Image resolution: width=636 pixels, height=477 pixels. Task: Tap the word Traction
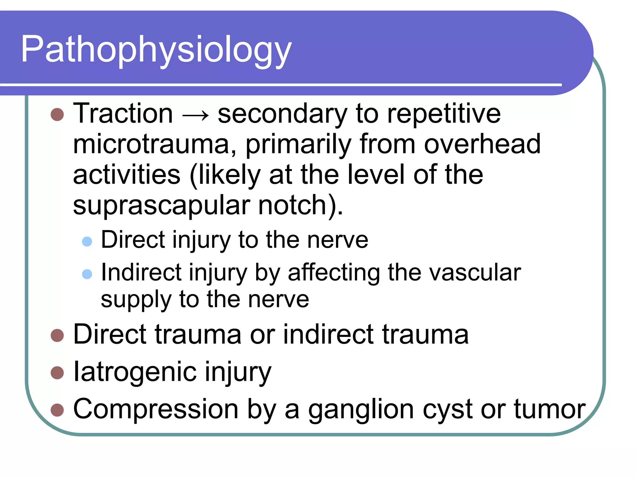tap(123, 114)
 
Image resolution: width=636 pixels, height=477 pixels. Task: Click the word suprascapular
tap(161, 206)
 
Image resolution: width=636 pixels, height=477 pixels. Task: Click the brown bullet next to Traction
tap(57, 115)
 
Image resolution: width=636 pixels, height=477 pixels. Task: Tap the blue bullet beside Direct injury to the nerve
tap(87, 241)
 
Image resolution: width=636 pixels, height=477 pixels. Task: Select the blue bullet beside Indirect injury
tap(87, 274)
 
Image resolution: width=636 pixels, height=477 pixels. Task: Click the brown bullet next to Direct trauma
tap(57, 335)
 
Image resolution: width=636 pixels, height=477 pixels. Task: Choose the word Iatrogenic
tap(135, 372)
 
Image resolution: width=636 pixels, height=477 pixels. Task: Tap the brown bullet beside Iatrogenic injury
tap(57, 373)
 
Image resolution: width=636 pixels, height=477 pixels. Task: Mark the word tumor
tap(549, 409)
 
